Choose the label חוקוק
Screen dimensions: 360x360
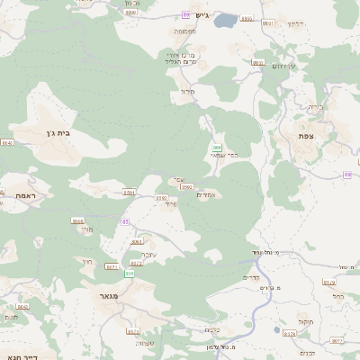coord(303,320)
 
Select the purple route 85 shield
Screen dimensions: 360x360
coord(125,221)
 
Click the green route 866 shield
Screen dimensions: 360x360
coord(216,146)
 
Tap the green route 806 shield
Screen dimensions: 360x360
coord(130,272)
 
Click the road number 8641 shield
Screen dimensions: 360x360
coord(6,143)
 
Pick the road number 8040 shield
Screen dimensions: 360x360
coord(23,307)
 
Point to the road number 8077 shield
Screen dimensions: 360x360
coord(337,341)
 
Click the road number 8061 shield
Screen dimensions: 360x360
coord(136,242)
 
